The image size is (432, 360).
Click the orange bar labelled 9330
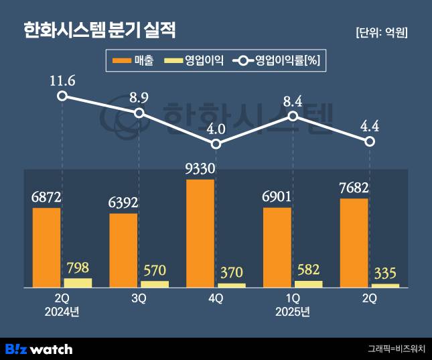[200, 233]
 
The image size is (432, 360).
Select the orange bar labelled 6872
[46, 247]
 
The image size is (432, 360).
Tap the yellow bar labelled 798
[78, 282]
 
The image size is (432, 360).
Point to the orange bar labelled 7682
[354, 243]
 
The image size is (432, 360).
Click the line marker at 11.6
[62, 96]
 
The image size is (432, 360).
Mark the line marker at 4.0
[216, 143]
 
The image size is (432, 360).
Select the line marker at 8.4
[293, 116]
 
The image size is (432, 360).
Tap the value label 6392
[123, 202]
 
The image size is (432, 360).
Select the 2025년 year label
[293, 312]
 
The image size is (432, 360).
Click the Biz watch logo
[39, 349]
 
